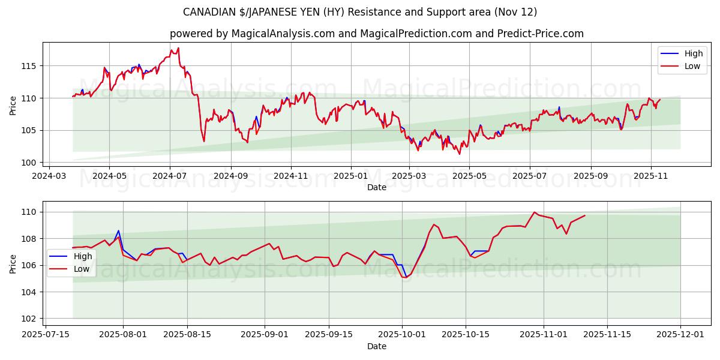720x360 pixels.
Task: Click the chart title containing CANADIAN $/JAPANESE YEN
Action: (x=360, y=12)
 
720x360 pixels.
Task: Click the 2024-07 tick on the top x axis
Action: (x=170, y=176)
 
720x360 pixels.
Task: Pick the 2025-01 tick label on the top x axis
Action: (x=350, y=176)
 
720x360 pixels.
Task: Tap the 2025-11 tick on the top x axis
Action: (x=651, y=176)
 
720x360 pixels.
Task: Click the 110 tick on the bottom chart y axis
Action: (x=30, y=212)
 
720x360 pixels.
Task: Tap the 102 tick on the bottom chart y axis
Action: (x=30, y=319)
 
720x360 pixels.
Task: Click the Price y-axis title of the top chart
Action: (x=13, y=105)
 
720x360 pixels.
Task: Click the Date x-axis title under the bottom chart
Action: (x=377, y=346)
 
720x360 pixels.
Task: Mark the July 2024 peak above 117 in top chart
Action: (x=178, y=48)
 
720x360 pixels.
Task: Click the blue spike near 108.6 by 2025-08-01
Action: (x=118, y=230)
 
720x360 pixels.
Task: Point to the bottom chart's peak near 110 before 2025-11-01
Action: (x=534, y=212)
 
